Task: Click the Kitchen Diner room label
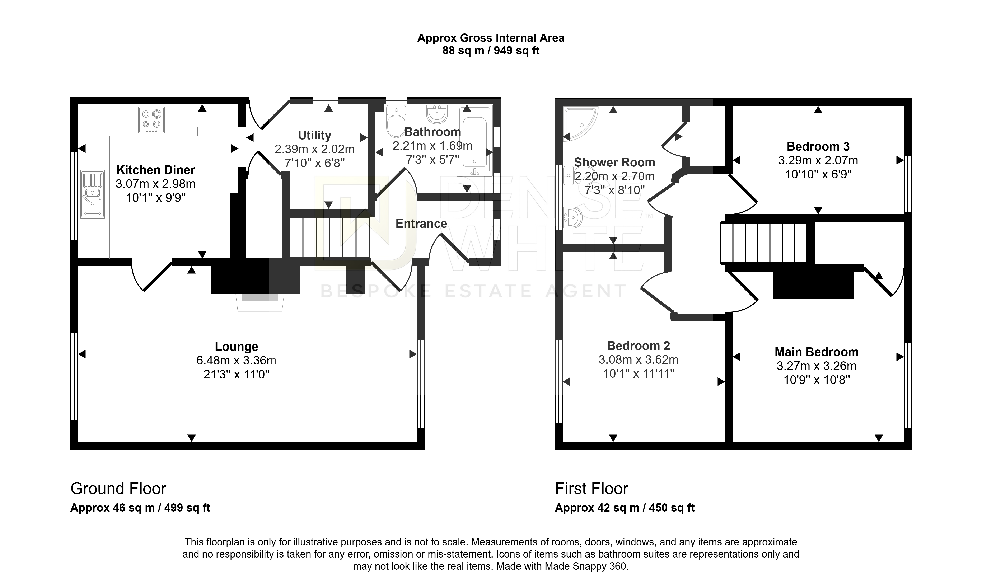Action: click(156, 170)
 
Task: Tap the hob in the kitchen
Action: click(152, 120)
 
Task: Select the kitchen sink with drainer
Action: click(92, 194)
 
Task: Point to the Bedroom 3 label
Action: click(818, 147)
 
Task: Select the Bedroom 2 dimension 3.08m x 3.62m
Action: click(639, 360)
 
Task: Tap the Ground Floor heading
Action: click(118, 489)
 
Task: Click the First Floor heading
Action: click(591, 489)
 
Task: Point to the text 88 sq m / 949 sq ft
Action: click(491, 51)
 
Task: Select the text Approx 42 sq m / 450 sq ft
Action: click(625, 508)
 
